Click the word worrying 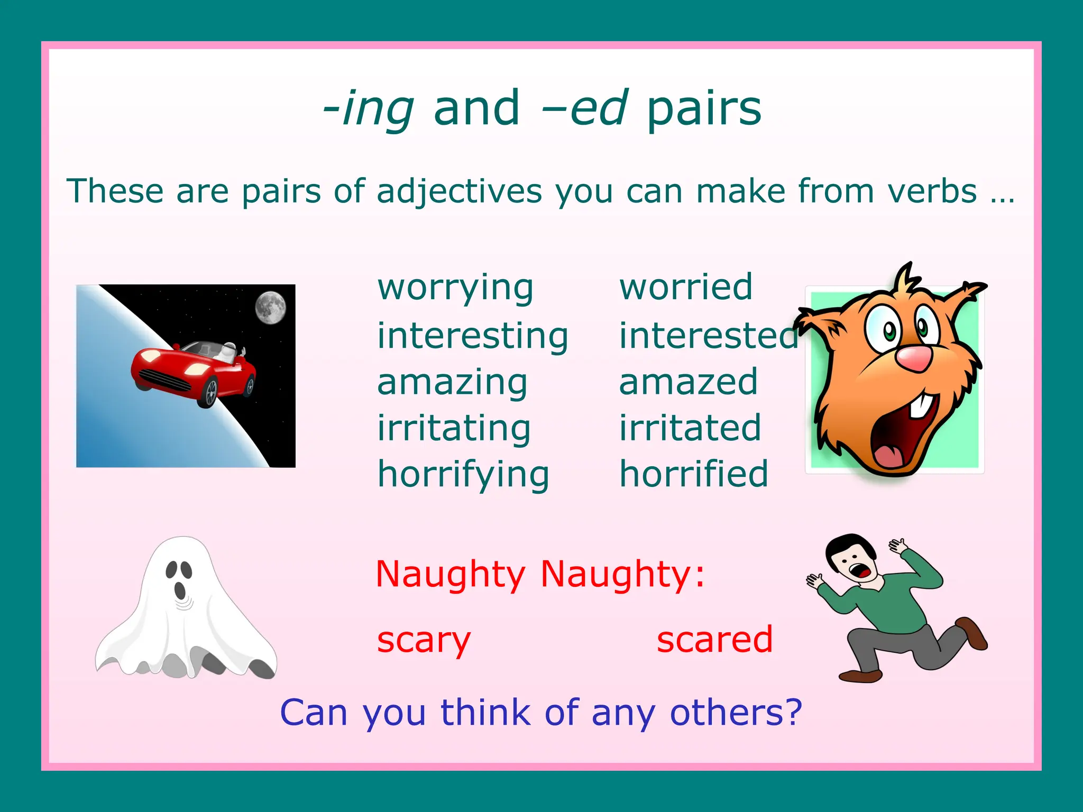coord(455,288)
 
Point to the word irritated coord(690,428)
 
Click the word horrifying coord(463,474)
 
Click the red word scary coord(423,640)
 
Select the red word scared coord(714,639)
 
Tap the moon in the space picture coord(271,307)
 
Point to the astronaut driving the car coord(228,352)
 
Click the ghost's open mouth coord(180,590)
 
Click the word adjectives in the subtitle coord(459,191)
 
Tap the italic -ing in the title coord(369,108)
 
